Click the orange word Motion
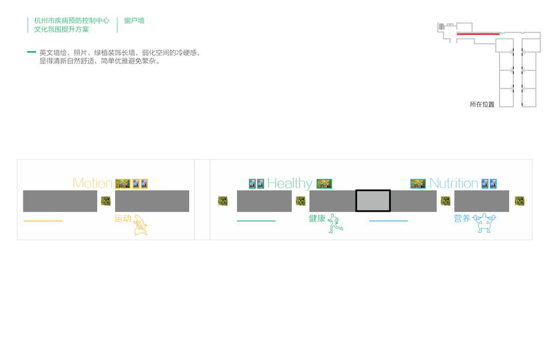point(92,184)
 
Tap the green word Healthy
point(290,184)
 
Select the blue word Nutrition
point(454,184)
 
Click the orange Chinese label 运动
point(122,219)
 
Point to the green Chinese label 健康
point(317,219)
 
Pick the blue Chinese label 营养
point(462,219)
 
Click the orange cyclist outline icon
point(140,224)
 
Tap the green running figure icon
point(335,223)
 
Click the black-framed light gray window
point(373,200)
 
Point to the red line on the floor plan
point(478,34)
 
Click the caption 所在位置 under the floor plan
point(482,104)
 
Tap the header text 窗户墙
point(134,20)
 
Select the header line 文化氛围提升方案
point(61,29)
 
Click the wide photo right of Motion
point(122,184)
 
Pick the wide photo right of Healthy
point(324,184)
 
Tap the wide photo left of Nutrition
point(418,184)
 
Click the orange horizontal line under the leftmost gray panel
point(43,221)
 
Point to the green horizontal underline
point(256,221)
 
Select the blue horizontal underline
point(388,221)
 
